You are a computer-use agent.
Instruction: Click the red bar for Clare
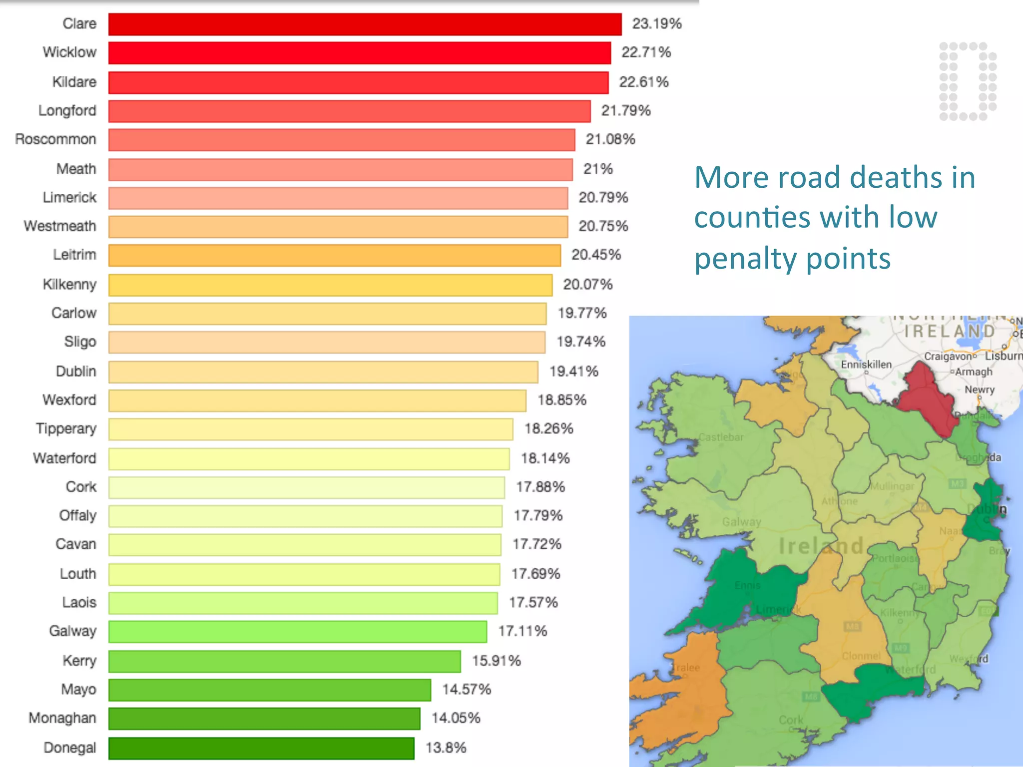365,24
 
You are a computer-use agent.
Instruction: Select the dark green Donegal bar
261,748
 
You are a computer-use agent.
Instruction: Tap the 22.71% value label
645,52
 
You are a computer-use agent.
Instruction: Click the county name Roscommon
55,139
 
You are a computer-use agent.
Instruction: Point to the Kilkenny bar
330,285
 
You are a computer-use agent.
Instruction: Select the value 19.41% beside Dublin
573,372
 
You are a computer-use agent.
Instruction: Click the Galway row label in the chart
72,631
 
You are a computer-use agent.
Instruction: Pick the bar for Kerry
284,661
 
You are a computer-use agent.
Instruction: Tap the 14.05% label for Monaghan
456,718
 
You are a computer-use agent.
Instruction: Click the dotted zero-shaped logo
968,81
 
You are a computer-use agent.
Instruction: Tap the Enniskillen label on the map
866,365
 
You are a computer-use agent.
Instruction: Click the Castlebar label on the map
720,437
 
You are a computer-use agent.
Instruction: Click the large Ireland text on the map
821,546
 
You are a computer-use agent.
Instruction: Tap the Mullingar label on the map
892,486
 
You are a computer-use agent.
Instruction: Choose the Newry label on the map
979,389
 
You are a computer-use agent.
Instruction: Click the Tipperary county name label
66,429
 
